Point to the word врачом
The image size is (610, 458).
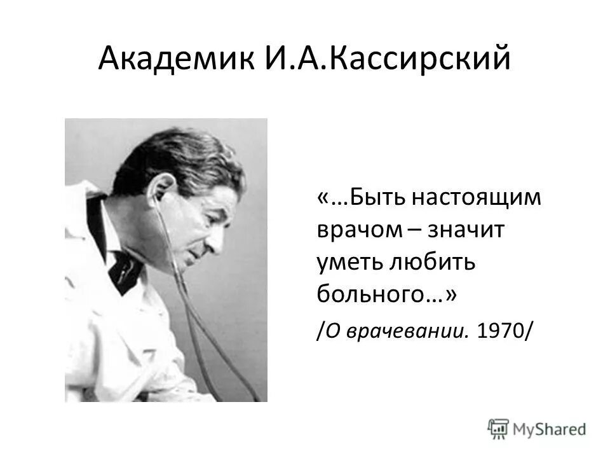click(356, 230)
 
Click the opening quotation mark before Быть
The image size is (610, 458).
click(322, 197)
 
